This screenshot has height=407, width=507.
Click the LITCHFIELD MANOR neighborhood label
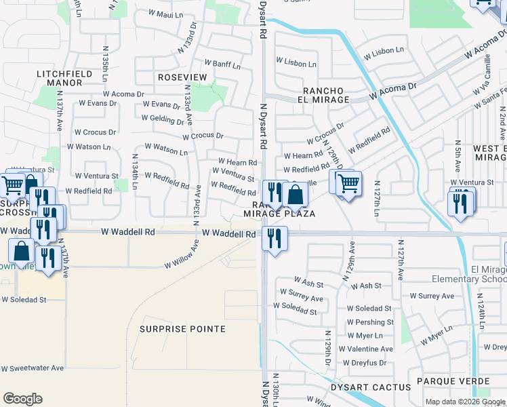point(60,77)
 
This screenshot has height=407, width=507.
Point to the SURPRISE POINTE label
point(182,329)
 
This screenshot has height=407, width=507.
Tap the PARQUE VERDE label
point(452,381)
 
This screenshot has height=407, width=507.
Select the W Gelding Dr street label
point(162,119)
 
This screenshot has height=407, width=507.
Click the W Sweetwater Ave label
point(32,368)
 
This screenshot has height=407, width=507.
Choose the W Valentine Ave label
point(369,349)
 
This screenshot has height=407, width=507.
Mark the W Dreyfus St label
point(365,362)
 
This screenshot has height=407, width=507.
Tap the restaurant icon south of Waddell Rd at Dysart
point(275,238)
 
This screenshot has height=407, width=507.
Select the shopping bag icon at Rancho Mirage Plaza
point(296,195)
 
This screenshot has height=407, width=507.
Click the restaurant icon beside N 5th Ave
point(461,202)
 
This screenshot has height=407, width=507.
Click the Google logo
point(22,399)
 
